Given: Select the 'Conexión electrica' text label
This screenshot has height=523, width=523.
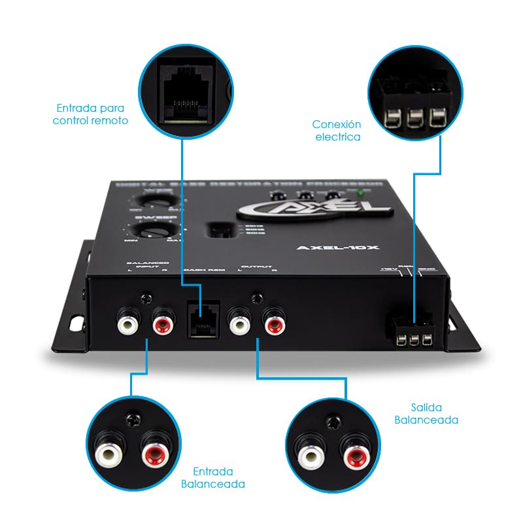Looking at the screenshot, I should pyautogui.click(x=337, y=130).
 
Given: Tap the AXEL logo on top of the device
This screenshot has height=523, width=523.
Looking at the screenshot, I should pyautogui.click(x=313, y=210).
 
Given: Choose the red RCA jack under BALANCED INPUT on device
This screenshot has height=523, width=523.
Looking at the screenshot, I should pyautogui.click(x=163, y=321).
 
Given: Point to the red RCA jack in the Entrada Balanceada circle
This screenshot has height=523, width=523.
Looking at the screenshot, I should pyautogui.click(x=154, y=452).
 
